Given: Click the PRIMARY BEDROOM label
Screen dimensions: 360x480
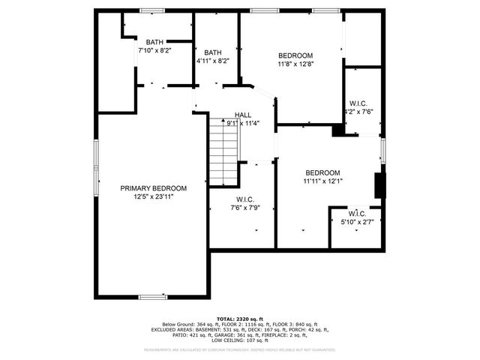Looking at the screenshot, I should [x=154, y=188].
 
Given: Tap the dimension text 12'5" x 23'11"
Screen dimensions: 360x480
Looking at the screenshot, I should [x=154, y=196].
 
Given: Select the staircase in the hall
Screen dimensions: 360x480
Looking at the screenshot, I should [x=223, y=152].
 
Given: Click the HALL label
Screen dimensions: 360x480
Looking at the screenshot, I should [x=243, y=115].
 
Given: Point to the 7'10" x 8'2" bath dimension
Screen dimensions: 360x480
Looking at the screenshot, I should [x=154, y=50].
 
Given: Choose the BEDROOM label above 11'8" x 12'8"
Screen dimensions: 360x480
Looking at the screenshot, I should [x=295, y=55].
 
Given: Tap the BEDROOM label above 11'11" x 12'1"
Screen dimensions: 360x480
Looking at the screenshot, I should [x=322, y=172].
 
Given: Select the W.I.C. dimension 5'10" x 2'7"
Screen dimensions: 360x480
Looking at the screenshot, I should [x=356, y=222].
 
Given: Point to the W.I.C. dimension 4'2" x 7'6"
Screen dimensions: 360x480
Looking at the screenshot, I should [x=358, y=112].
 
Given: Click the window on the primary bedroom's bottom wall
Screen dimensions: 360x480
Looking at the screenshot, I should [x=153, y=297].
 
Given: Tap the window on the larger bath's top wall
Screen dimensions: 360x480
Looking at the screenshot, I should [x=152, y=10].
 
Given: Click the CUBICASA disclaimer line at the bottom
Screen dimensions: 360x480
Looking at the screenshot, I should [x=240, y=349].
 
